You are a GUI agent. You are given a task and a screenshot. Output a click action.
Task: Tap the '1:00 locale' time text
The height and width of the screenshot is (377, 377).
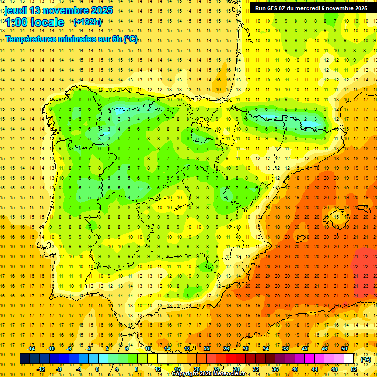pos(35,22)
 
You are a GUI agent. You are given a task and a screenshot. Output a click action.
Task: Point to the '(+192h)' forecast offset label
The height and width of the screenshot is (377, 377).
pos(87,22)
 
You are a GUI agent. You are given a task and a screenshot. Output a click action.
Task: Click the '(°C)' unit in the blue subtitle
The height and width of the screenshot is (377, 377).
pos(131,39)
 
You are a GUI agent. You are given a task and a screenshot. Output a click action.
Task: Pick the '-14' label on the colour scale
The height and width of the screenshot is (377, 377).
pos(31,349)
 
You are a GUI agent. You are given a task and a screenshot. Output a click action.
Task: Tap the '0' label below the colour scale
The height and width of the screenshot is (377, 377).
pos(97,369)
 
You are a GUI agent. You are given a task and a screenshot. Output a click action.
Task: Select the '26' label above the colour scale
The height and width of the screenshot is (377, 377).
pos(226,349)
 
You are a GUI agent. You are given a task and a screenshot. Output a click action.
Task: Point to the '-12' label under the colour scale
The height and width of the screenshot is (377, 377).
pos(41,369)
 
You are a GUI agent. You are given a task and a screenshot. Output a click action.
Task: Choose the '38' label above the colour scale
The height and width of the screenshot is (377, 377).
pos(285,349)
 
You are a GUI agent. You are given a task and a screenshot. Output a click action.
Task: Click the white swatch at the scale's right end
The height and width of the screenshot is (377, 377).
pos(349,359)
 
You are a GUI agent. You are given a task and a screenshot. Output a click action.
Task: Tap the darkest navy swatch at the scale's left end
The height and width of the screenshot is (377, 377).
pos(25,359)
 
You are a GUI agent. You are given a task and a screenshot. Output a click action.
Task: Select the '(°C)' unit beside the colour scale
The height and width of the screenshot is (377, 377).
pos(366,359)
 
